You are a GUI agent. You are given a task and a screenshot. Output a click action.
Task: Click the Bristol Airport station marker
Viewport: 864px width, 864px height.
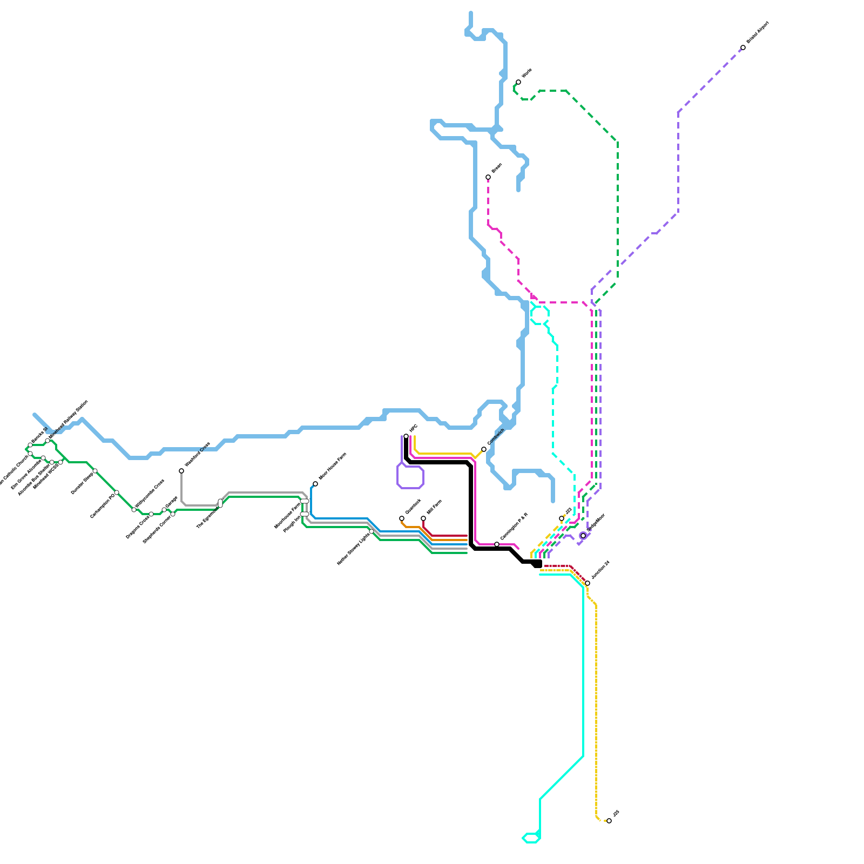743,48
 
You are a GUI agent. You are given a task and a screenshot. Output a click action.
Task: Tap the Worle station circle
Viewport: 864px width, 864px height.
518,82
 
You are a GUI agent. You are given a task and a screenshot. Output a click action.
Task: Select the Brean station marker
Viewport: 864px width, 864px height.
488,177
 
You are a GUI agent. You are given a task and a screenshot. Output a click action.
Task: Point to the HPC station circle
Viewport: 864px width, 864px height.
406,436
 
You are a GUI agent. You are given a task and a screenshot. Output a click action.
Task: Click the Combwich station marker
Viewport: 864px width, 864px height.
484,449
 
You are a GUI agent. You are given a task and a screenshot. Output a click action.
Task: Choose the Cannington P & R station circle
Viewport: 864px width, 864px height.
497,544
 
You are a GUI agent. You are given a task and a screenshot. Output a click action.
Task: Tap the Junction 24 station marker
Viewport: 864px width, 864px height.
588,583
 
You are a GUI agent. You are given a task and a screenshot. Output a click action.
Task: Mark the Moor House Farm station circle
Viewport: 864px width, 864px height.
315,484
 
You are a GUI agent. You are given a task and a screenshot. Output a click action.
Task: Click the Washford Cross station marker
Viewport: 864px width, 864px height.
181,471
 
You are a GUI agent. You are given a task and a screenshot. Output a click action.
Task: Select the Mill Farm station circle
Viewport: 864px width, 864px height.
423,518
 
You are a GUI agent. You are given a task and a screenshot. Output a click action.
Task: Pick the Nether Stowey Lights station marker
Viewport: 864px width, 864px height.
372,531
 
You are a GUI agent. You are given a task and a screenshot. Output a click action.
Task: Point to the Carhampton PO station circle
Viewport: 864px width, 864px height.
117,492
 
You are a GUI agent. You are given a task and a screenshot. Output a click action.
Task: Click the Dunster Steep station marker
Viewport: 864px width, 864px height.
95,471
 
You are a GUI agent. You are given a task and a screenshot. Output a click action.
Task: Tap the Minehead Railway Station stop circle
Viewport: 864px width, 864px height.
48,441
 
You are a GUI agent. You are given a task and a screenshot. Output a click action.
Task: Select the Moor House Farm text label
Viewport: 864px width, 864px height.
333,466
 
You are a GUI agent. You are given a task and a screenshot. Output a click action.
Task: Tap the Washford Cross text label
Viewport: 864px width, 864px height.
197,455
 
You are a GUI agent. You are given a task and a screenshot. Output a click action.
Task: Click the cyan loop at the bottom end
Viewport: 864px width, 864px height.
531,838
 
